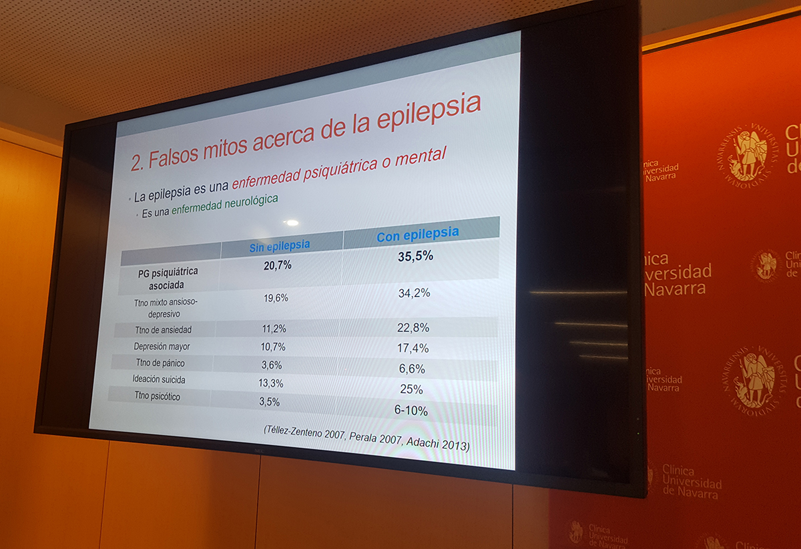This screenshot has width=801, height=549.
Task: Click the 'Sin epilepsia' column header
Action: pos(280,246)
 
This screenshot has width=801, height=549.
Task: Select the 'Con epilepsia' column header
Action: pos(418,234)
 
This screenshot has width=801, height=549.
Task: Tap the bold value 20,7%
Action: pos(278,265)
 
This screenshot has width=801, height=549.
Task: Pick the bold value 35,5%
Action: pos(415,256)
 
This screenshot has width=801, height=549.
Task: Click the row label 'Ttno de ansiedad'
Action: pos(163,330)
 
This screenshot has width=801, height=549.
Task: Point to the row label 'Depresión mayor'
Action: pos(162,347)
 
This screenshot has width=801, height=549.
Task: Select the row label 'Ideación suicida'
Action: pos(159,379)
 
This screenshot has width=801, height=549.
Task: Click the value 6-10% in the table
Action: pos(411,410)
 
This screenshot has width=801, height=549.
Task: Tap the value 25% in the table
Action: pos(411,389)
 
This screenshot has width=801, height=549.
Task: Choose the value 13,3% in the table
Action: pos(271,383)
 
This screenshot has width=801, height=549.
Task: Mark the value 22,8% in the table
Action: pos(413,327)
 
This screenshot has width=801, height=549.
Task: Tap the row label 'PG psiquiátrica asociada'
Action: pos(167,279)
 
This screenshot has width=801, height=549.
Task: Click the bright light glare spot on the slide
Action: pos(292,223)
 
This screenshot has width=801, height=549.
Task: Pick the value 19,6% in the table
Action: pos(276,298)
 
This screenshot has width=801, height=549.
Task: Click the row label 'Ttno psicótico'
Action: pos(157,396)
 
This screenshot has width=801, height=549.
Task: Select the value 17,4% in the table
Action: pos(413,348)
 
